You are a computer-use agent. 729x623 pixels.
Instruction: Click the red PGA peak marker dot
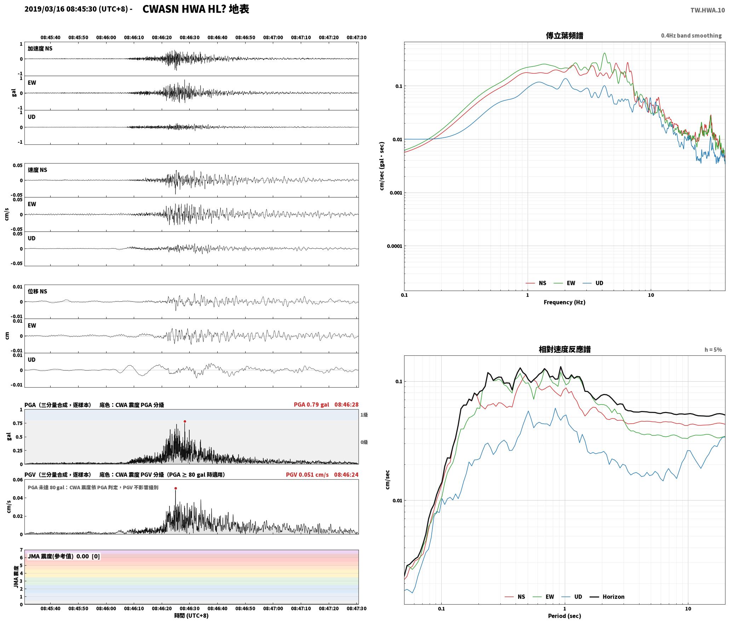185,421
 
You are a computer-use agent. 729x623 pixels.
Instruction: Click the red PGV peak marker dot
176,488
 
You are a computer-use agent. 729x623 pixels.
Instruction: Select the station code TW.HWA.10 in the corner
707,10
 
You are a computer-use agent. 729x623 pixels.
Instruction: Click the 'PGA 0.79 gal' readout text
311,405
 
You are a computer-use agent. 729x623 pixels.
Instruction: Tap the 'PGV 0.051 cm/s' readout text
307,474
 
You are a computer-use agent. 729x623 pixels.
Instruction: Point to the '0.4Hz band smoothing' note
691,35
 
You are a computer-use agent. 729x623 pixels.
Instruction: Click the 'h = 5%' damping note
713,350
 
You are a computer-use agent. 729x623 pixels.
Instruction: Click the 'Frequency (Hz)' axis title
564,302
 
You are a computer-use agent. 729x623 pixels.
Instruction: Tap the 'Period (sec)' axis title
564,616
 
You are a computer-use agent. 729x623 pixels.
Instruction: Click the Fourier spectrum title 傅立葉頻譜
564,35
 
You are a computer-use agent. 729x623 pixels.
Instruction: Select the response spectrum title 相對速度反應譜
564,349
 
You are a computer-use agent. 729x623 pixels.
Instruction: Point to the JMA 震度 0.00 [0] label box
64,556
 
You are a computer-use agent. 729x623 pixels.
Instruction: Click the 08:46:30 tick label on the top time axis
189,37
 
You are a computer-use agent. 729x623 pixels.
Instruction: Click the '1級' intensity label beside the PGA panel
364,415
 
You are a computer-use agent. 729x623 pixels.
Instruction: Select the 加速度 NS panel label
40,48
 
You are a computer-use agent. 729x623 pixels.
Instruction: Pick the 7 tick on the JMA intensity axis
21,550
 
